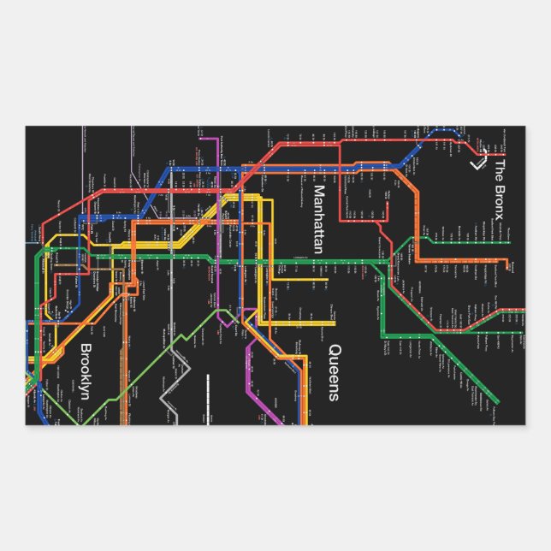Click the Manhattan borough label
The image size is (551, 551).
318,220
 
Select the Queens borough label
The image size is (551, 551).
335,372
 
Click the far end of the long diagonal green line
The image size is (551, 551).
496,401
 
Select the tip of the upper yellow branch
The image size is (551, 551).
327,279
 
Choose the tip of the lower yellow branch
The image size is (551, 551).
334,323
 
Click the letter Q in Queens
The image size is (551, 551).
335,351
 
